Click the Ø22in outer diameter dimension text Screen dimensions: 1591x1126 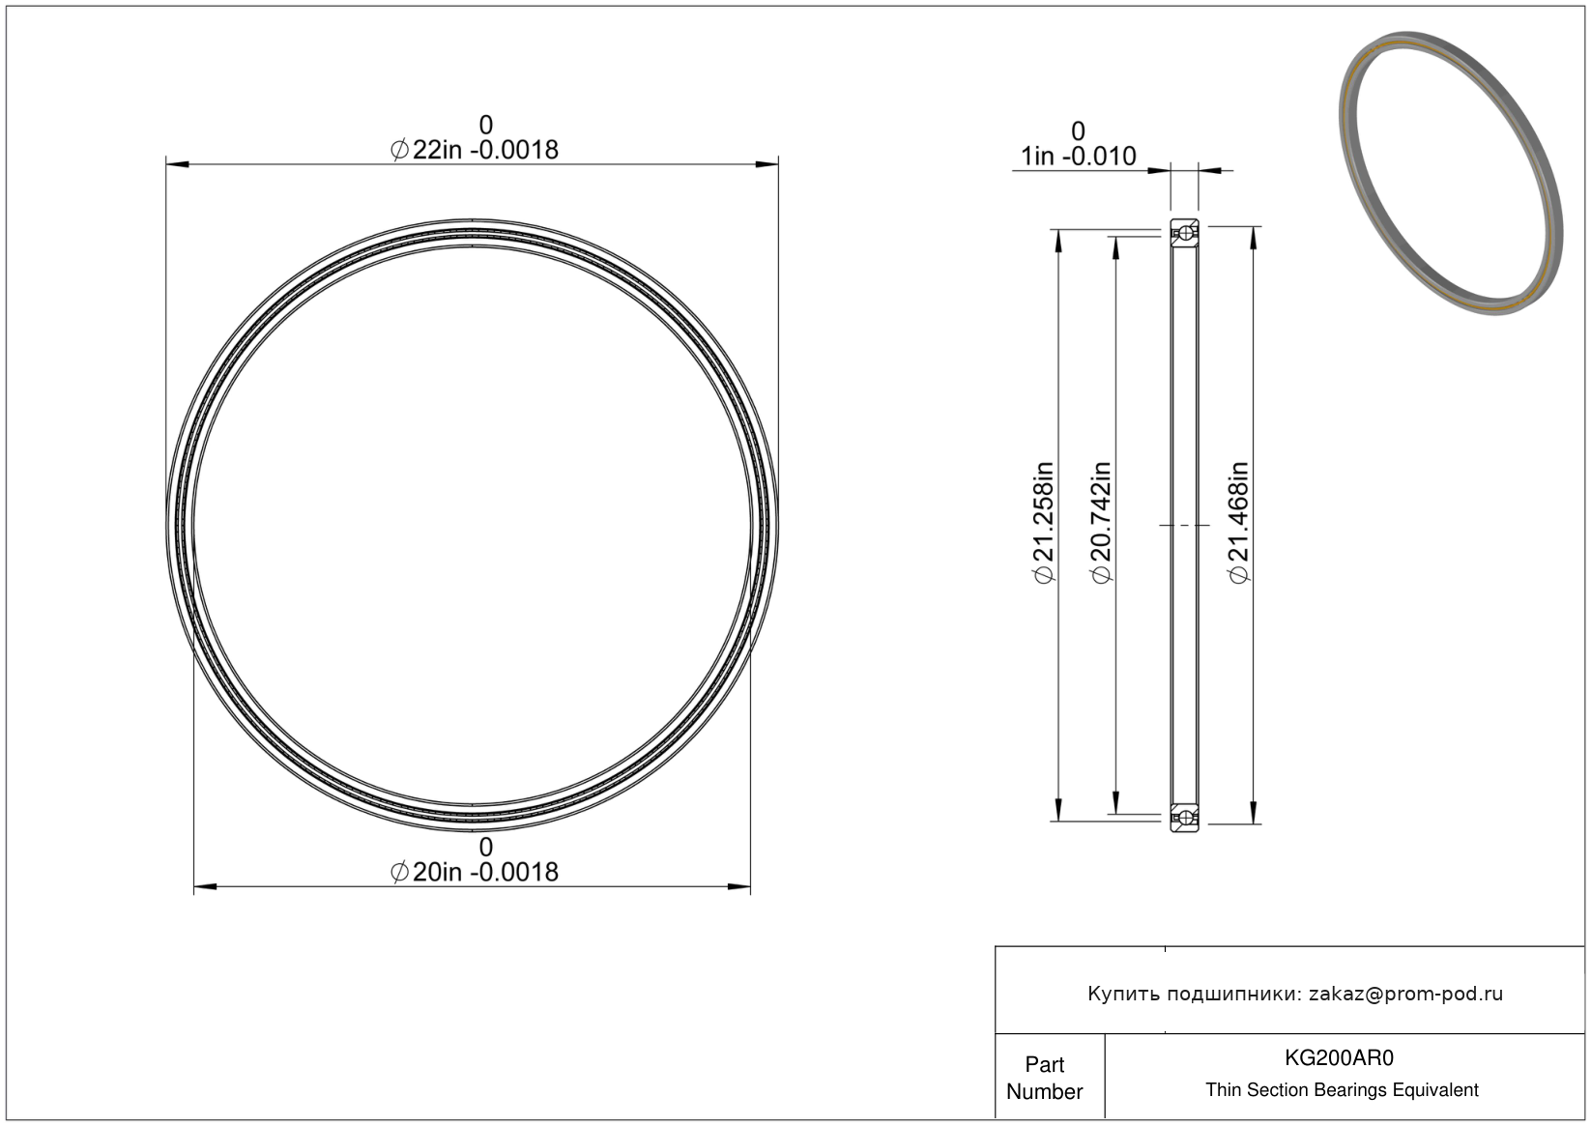click(x=475, y=150)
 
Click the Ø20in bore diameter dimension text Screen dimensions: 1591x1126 click(x=475, y=872)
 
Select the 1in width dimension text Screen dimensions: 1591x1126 click(x=1078, y=157)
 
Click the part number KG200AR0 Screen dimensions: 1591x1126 click(x=1339, y=1057)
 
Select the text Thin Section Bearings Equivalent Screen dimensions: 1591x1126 click(x=1342, y=1090)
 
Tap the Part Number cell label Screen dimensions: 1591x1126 click(x=1044, y=1078)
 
